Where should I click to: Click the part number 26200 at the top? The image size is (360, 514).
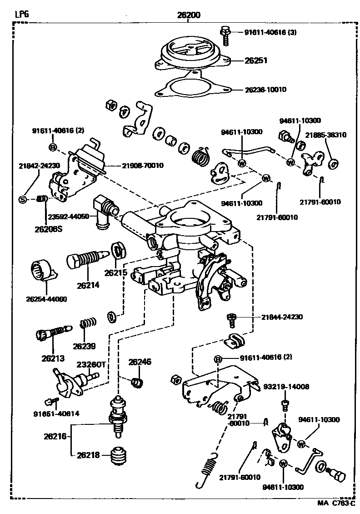tap(189, 15)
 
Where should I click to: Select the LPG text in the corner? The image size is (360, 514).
tap(22, 14)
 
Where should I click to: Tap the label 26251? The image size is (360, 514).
tap(256, 60)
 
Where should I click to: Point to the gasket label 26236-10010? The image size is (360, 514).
tap(265, 90)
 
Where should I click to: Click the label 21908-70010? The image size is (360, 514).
tap(143, 166)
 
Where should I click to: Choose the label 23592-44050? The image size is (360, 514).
tap(69, 217)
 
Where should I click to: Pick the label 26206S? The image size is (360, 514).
tap(48, 229)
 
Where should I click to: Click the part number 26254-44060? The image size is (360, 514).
tap(46, 299)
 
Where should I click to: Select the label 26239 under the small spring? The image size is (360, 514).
tap(84, 346)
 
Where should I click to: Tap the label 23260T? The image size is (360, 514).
tap(89, 364)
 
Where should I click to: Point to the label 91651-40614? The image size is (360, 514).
tap(56, 413)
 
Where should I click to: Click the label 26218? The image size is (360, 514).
tap(88, 455)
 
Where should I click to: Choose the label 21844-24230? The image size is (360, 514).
tap(282, 317)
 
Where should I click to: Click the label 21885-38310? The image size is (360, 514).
tap(326, 135)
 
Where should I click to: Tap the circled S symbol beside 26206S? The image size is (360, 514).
tap(23, 199)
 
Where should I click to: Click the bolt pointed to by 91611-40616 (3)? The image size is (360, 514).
tap(225, 36)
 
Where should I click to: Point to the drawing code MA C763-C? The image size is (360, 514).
tap(336, 503)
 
